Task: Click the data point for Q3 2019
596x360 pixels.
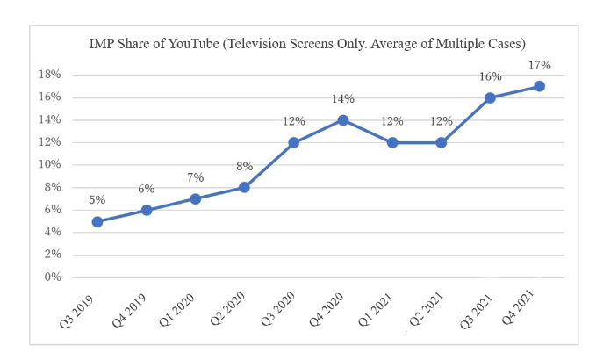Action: [97, 221]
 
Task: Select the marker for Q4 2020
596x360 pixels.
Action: [343, 119]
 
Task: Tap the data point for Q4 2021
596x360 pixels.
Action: [540, 86]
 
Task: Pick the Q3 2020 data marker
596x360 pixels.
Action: [294, 142]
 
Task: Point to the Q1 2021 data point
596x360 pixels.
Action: [392, 142]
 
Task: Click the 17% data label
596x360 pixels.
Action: [539, 65]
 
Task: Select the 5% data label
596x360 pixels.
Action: [97, 200]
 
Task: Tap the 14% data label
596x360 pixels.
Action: [343, 99]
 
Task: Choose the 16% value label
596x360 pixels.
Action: [490, 76]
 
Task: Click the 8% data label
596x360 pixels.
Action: [245, 166]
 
